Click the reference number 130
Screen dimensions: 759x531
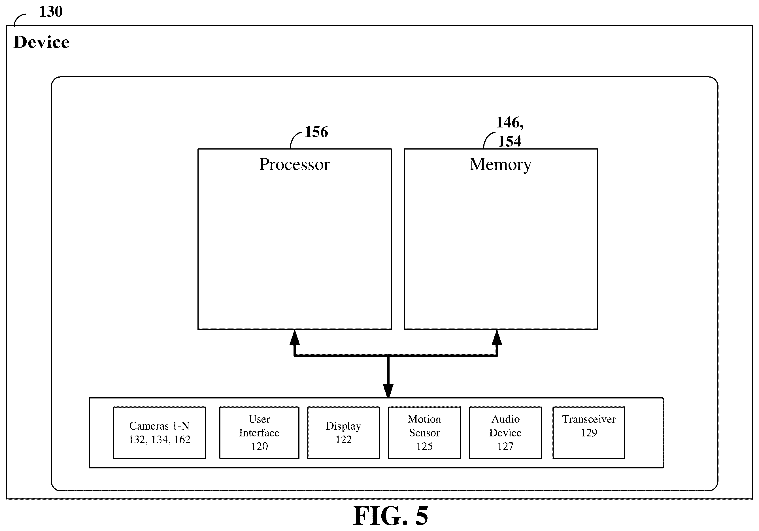[x=51, y=12]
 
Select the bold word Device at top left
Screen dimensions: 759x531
[x=42, y=42]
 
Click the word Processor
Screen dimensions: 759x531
[x=294, y=164]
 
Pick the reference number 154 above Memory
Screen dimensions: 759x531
[x=510, y=141]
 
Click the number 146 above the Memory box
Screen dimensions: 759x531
[x=508, y=123]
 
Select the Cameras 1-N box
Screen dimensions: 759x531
[x=159, y=433]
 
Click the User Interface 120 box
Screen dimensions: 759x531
[x=259, y=433]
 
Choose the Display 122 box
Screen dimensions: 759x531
[x=343, y=433]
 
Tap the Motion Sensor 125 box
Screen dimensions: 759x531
[x=424, y=433]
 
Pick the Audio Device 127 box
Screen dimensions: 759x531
[x=505, y=433]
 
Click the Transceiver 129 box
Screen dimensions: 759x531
[x=589, y=433]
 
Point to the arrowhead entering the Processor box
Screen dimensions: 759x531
[x=295, y=337]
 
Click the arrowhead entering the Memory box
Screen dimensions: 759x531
[x=497, y=337]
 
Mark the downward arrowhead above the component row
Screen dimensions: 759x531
[x=388, y=391]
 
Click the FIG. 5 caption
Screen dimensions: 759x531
[x=391, y=516]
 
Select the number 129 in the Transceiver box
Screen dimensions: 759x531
[x=589, y=433]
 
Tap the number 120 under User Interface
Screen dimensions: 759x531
[x=260, y=446]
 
